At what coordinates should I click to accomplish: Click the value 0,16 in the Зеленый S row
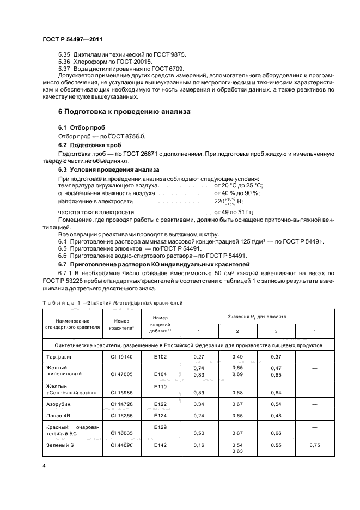pos(198,445)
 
